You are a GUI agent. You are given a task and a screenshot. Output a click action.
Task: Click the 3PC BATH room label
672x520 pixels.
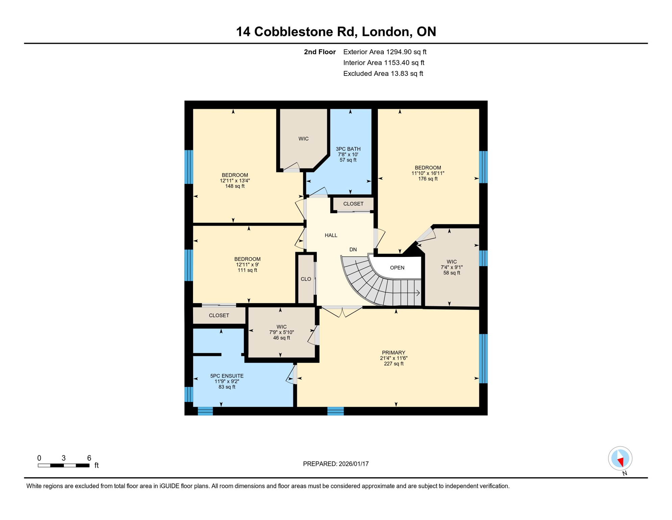click(x=348, y=149)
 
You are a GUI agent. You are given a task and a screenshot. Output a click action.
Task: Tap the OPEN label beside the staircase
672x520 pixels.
click(x=397, y=268)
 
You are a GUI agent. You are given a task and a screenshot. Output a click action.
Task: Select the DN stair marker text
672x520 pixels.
click(x=353, y=250)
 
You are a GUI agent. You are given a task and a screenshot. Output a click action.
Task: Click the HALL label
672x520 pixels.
click(x=331, y=235)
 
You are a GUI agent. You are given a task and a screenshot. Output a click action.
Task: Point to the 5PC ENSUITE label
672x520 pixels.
click(x=227, y=376)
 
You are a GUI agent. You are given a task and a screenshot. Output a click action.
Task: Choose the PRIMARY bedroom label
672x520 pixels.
click(x=393, y=352)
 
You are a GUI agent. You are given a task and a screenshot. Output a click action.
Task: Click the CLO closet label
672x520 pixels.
click(x=306, y=279)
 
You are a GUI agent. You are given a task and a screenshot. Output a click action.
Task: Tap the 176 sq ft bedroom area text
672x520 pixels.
click(x=428, y=179)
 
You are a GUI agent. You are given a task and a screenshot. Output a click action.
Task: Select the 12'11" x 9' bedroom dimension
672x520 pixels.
click(x=247, y=265)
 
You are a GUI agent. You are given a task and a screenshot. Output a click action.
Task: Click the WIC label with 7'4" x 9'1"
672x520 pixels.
click(x=452, y=262)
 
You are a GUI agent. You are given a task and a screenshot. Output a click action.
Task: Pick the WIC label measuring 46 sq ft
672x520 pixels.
click(x=281, y=327)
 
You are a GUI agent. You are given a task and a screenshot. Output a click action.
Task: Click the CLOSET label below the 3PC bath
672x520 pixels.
click(x=353, y=204)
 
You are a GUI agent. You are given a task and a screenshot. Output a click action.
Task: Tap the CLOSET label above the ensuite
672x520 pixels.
click(x=219, y=316)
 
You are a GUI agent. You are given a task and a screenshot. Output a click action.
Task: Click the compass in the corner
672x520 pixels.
click(x=620, y=458)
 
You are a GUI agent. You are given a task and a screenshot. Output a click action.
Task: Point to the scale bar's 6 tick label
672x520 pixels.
click(x=89, y=458)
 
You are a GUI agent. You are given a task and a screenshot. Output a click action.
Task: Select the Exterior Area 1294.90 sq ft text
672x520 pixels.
click(x=385, y=52)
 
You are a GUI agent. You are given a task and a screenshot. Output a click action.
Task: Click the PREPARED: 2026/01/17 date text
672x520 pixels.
click(x=336, y=464)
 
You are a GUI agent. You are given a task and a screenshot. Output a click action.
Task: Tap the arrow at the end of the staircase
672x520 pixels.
click(x=418, y=293)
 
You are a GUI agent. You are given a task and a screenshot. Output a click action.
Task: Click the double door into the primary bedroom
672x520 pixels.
click(x=342, y=312)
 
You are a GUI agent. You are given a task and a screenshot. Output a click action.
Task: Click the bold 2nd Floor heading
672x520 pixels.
click(x=319, y=52)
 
